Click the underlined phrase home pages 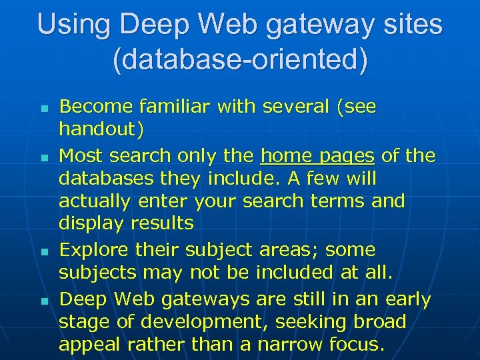point(317,156)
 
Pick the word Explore point(94,251)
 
